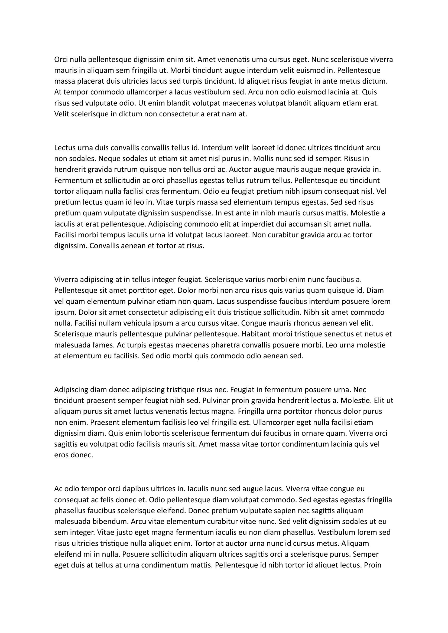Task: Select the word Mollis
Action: coord(263,159)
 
